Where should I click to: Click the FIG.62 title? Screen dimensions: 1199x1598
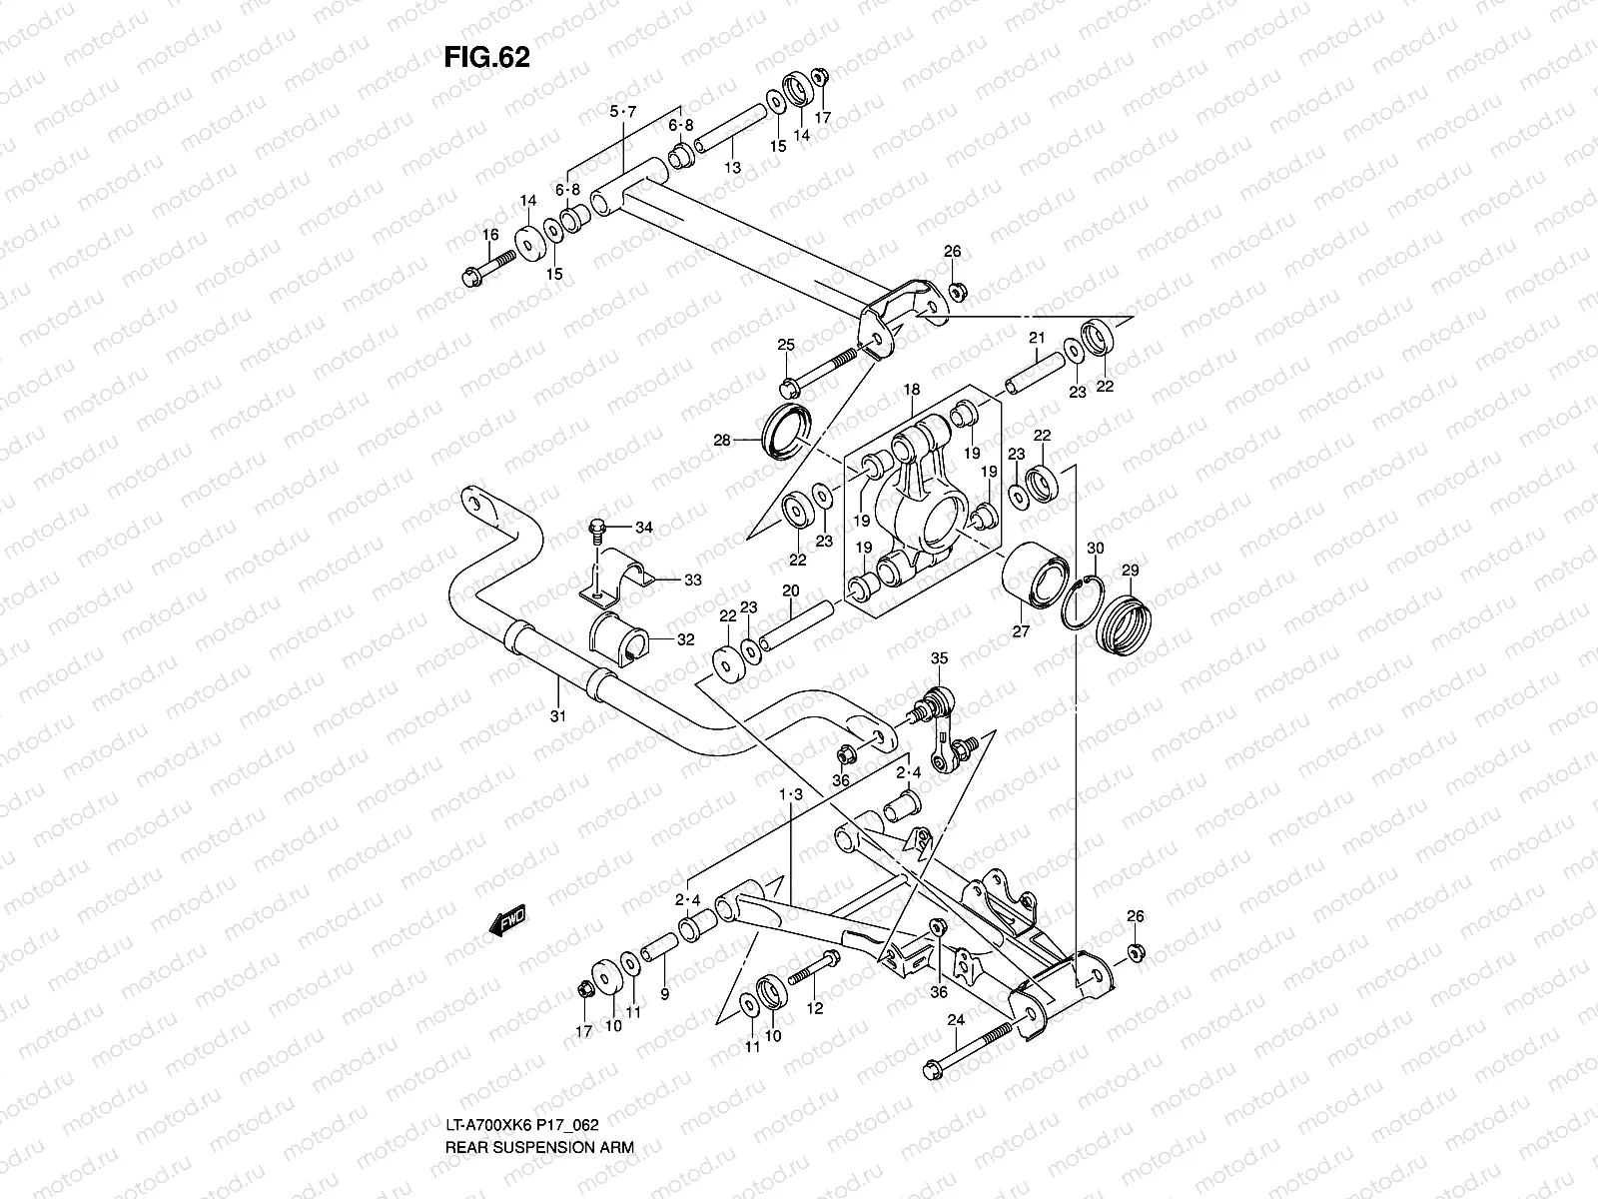(486, 58)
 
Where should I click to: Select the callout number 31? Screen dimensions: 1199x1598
(557, 715)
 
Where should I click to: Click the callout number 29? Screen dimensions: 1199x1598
(1130, 570)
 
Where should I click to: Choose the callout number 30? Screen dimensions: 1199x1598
(1096, 548)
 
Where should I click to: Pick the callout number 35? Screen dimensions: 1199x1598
(939, 657)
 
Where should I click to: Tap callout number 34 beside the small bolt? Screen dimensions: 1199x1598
(643, 528)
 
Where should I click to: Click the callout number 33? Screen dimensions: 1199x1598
(691, 580)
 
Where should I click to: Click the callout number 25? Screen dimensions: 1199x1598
(786, 345)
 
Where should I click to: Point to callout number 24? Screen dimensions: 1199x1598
(956, 1020)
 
